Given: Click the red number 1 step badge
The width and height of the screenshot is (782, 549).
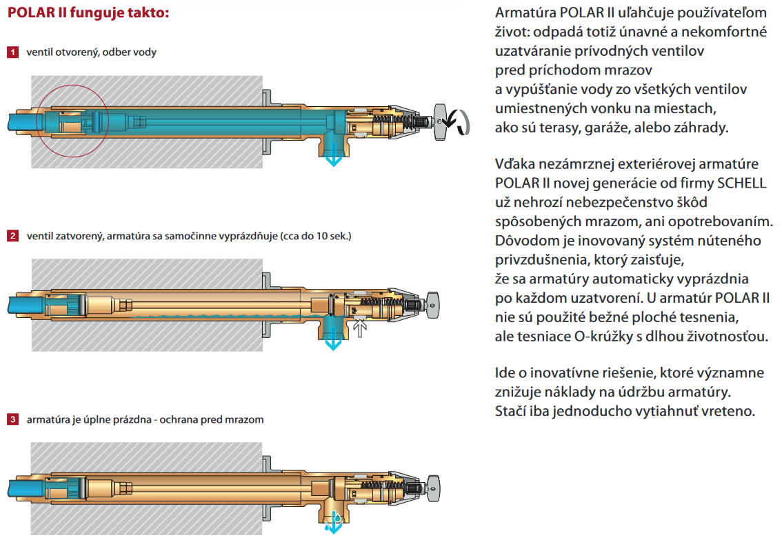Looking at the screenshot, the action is tap(12, 52).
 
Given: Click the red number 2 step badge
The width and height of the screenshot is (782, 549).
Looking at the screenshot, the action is tap(12, 235).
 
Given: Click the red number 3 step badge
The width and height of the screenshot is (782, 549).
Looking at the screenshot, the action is tap(12, 419).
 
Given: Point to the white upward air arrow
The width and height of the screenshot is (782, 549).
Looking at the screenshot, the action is tap(359, 328).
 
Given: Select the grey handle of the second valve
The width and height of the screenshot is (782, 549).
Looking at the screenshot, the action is tap(432, 305).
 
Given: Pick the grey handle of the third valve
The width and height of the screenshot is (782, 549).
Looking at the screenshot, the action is tap(432, 488).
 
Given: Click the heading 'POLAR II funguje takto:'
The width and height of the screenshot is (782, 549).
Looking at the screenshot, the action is tap(88, 12).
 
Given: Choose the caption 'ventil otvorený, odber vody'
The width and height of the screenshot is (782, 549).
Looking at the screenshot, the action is tap(91, 52).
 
